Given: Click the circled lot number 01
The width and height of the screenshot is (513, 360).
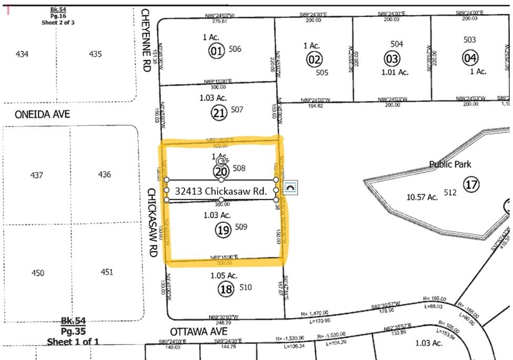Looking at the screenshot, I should [216, 51].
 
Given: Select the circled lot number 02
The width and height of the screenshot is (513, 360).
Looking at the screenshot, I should [315, 59].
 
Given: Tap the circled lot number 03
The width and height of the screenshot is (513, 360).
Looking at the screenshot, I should [392, 58].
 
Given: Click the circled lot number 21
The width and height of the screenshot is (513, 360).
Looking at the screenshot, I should [219, 112].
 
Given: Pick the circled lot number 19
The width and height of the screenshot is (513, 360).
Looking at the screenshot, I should [224, 229].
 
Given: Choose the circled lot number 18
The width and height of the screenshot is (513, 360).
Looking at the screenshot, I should [227, 289].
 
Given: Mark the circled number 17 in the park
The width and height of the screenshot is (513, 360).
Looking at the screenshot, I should [470, 184].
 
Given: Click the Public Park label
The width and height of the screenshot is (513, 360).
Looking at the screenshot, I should [450, 164].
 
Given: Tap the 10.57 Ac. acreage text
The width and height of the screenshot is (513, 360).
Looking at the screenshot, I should [423, 197].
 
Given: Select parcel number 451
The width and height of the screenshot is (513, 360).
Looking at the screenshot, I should [107, 272].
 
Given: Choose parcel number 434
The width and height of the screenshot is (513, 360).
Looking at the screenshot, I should [22, 54].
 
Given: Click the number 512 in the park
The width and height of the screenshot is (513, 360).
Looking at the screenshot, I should [450, 193].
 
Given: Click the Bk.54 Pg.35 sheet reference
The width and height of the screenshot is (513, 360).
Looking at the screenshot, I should [73, 331].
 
